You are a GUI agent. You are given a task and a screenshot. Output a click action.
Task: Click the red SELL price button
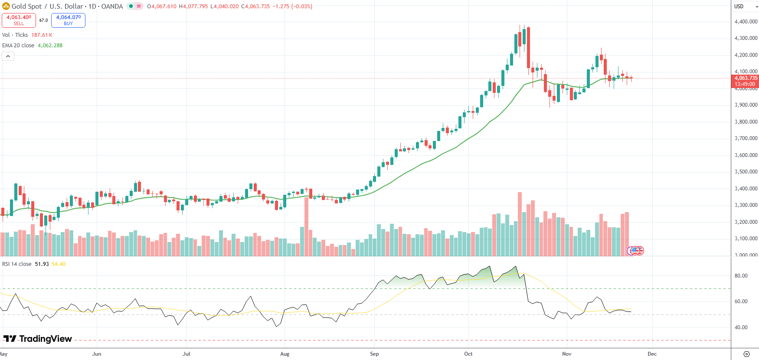click(x=19, y=20)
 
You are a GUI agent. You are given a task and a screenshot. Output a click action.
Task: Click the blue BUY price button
click(x=68, y=20)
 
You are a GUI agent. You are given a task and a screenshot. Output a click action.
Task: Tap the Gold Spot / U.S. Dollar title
click(x=47, y=7)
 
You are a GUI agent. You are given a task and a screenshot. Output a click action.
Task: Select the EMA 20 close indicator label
click(x=18, y=46)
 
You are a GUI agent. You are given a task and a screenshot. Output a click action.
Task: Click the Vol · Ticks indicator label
click(x=15, y=35)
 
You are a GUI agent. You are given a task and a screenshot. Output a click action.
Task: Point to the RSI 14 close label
click(x=16, y=264)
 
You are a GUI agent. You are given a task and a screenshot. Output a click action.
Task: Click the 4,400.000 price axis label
click(x=746, y=22)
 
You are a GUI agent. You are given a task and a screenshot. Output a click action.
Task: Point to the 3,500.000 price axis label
click(x=746, y=172)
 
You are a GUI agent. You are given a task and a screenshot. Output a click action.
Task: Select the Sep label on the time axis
click(x=374, y=354)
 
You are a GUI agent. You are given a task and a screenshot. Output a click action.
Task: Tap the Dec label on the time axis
click(x=652, y=354)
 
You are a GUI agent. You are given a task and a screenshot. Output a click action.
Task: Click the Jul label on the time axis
click(x=186, y=354)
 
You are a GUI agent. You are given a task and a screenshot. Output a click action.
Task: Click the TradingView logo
click(x=38, y=339)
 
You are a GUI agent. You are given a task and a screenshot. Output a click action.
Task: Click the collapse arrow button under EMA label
click(x=8, y=56)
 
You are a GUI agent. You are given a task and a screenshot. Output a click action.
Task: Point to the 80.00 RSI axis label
click(x=741, y=276)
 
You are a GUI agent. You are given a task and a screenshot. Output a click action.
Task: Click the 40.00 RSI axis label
click(x=741, y=327)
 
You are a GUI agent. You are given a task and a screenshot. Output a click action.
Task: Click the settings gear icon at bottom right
click(x=746, y=354)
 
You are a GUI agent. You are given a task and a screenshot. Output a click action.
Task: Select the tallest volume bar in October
click(x=520, y=224)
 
